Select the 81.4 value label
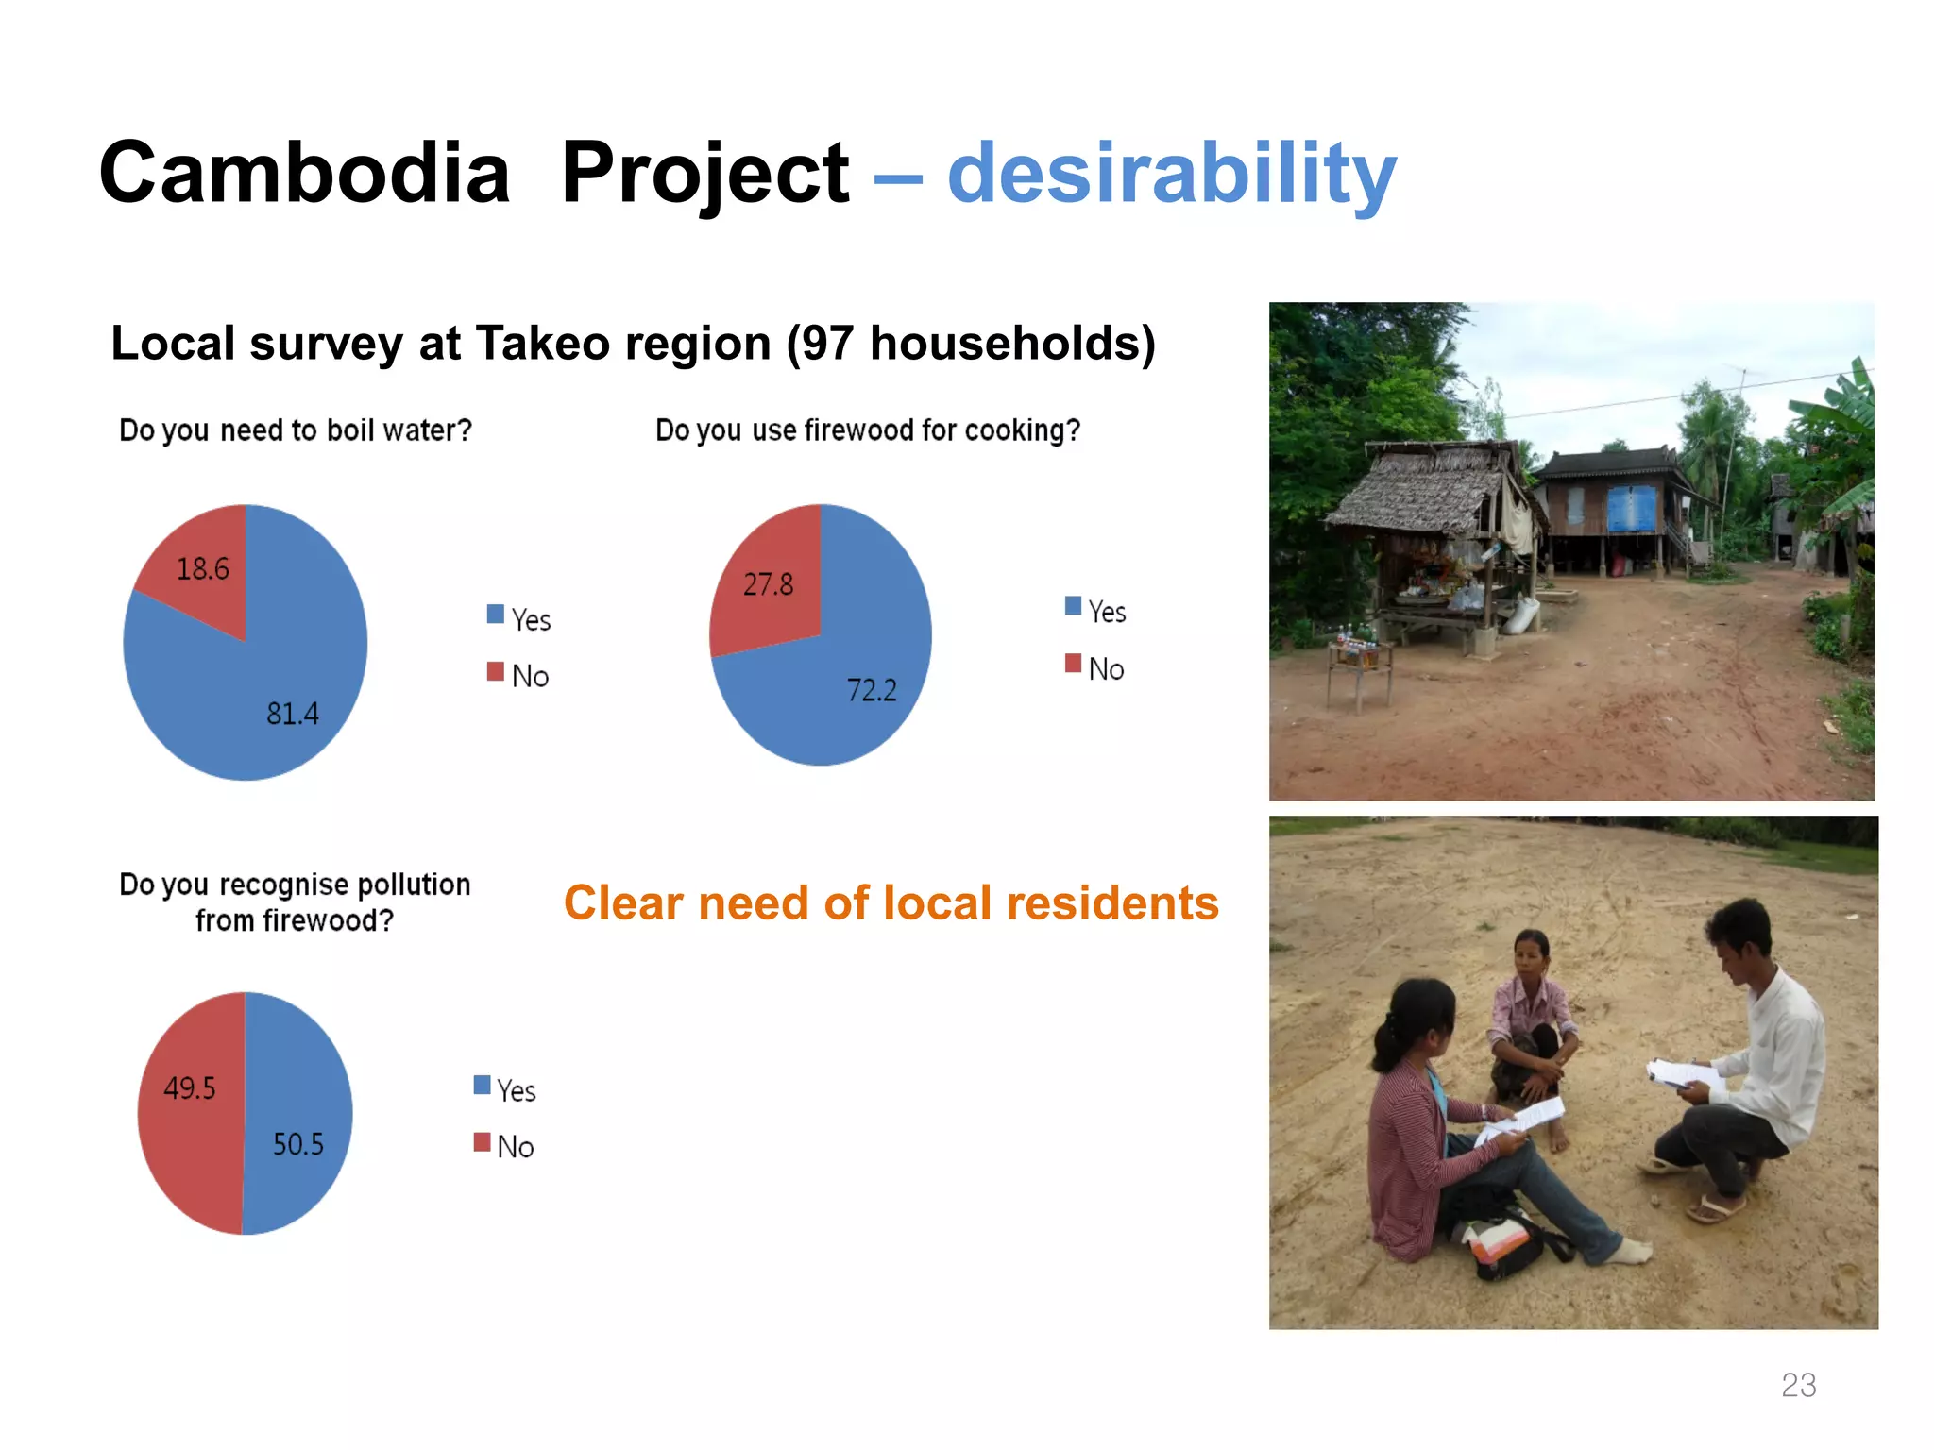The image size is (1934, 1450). pos(292,714)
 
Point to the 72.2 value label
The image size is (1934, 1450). pos(871,690)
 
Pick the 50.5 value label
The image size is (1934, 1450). pos(297,1145)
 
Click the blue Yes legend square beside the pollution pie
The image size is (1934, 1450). pos(482,1086)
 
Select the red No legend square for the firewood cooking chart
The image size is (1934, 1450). pos(1073,664)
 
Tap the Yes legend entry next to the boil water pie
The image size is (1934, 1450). pos(519,618)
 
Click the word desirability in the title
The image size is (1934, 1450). pos(1171,175)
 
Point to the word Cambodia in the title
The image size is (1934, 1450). pos(304,175)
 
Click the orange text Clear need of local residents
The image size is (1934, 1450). pos(891,903)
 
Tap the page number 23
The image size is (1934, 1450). pos(1798,1385)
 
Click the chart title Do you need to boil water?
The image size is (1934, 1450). pos(295,430)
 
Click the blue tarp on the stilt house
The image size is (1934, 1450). pos(1632,510)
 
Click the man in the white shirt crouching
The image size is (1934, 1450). pos(1747,1067)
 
